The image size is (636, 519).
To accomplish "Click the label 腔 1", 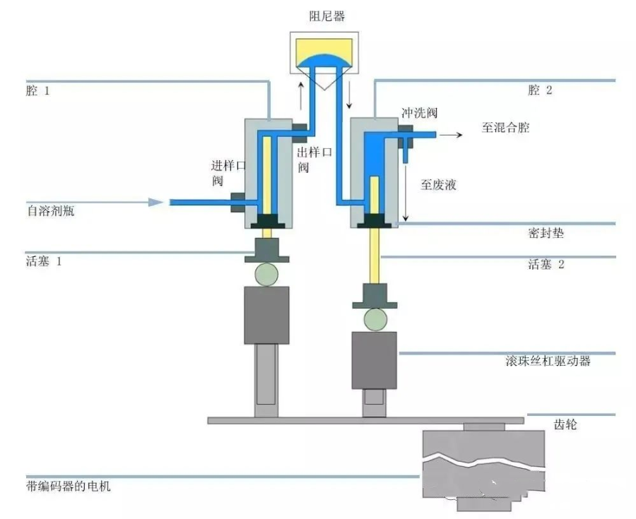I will pyautogui.click(x=37, y=91).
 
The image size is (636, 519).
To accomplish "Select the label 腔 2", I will pyautogui.click(x=539, y=90).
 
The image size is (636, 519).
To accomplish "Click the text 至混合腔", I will pyautogui.click(x=505, y=128).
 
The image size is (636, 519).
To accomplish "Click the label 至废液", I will pyautogui.click(x=439, y=185).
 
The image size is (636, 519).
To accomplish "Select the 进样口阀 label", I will pyautogui.click(x=228, y=172).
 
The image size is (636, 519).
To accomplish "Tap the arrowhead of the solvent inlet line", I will pyautogui.click(x=156, y=202).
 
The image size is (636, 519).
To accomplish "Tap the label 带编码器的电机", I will pyautogui.click(x=67, y=487).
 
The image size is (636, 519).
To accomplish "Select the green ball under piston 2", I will pyautogui.click(x=375, y=320).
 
